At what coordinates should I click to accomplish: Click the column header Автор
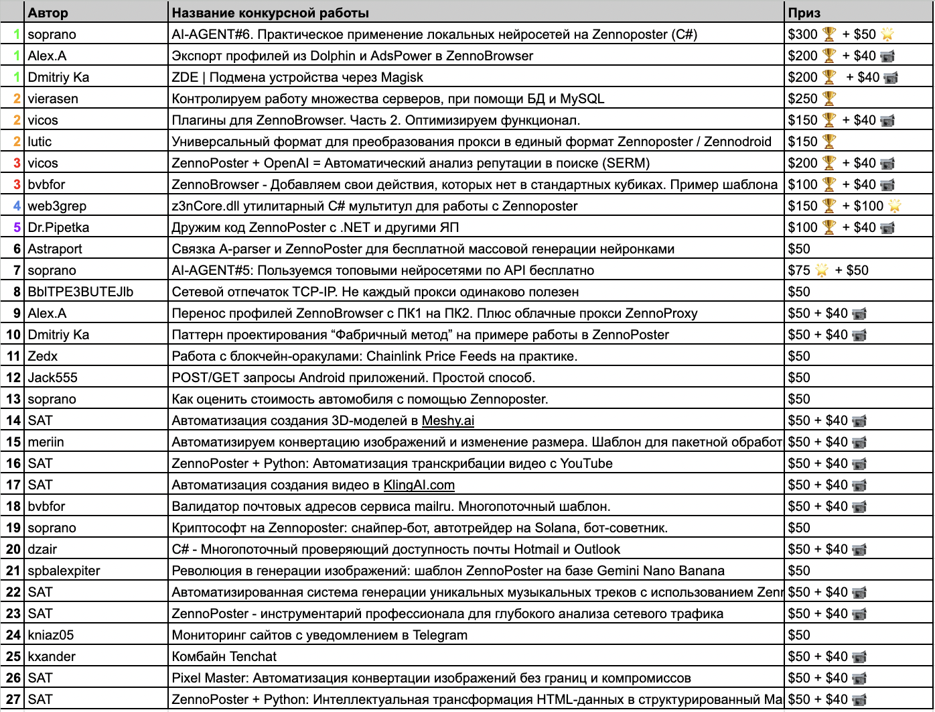click(48, 13)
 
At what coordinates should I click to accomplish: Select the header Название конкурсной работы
click(270, 13)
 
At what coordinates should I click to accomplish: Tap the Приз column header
click(804, 13)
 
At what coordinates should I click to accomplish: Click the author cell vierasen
click(53, 99)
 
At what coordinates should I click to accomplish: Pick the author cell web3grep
click(57, 206)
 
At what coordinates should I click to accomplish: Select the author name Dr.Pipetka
click(58, 227)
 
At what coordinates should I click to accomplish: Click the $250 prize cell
click(803, 99)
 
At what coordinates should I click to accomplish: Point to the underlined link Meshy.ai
click(448, 420)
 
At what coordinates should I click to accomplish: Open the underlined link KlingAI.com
click(419, 485)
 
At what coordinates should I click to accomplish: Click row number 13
click(13, 399)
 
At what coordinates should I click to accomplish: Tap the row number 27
click(13, 699)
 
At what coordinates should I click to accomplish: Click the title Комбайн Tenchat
click(224, 656)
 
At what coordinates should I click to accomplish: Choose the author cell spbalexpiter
click(64, 571)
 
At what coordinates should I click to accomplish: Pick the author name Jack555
click(52, 377)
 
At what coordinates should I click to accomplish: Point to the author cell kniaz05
click(51, 635)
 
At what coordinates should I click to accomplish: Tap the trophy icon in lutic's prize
click(829, 141)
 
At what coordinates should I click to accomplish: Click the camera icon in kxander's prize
click(859, 656)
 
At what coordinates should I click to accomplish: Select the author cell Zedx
click(43, 356)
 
